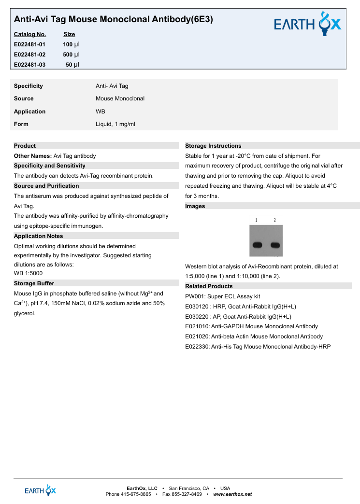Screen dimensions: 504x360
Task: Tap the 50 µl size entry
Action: tap(72, 65)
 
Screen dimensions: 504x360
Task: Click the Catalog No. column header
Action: tap(30, 34)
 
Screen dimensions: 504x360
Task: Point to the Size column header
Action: tap(69, 34)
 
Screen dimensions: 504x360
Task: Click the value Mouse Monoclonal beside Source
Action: tap(120, 98)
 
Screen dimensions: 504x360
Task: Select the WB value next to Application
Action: tap(101, 112)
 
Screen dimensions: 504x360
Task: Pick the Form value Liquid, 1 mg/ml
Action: tap(115, 124)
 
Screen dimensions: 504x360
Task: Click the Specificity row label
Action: tap(28, 86)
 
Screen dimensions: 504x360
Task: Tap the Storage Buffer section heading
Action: tap(34, 283)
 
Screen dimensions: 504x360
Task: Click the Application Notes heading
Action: tap(38, 236)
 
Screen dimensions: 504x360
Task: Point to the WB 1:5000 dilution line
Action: tap(28, 273)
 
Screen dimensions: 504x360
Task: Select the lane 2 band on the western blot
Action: tap(275, 244)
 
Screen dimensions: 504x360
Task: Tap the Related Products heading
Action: tap(209, 286)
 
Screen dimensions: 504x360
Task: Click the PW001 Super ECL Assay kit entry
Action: tap(223, 296)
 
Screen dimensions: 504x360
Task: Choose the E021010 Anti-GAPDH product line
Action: tap(251, 327)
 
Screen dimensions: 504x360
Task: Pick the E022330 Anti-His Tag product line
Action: tap(258, 347)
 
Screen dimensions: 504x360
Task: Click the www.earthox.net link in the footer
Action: tap(232, 494)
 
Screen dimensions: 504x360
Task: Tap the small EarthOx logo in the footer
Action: tap(41, 491)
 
